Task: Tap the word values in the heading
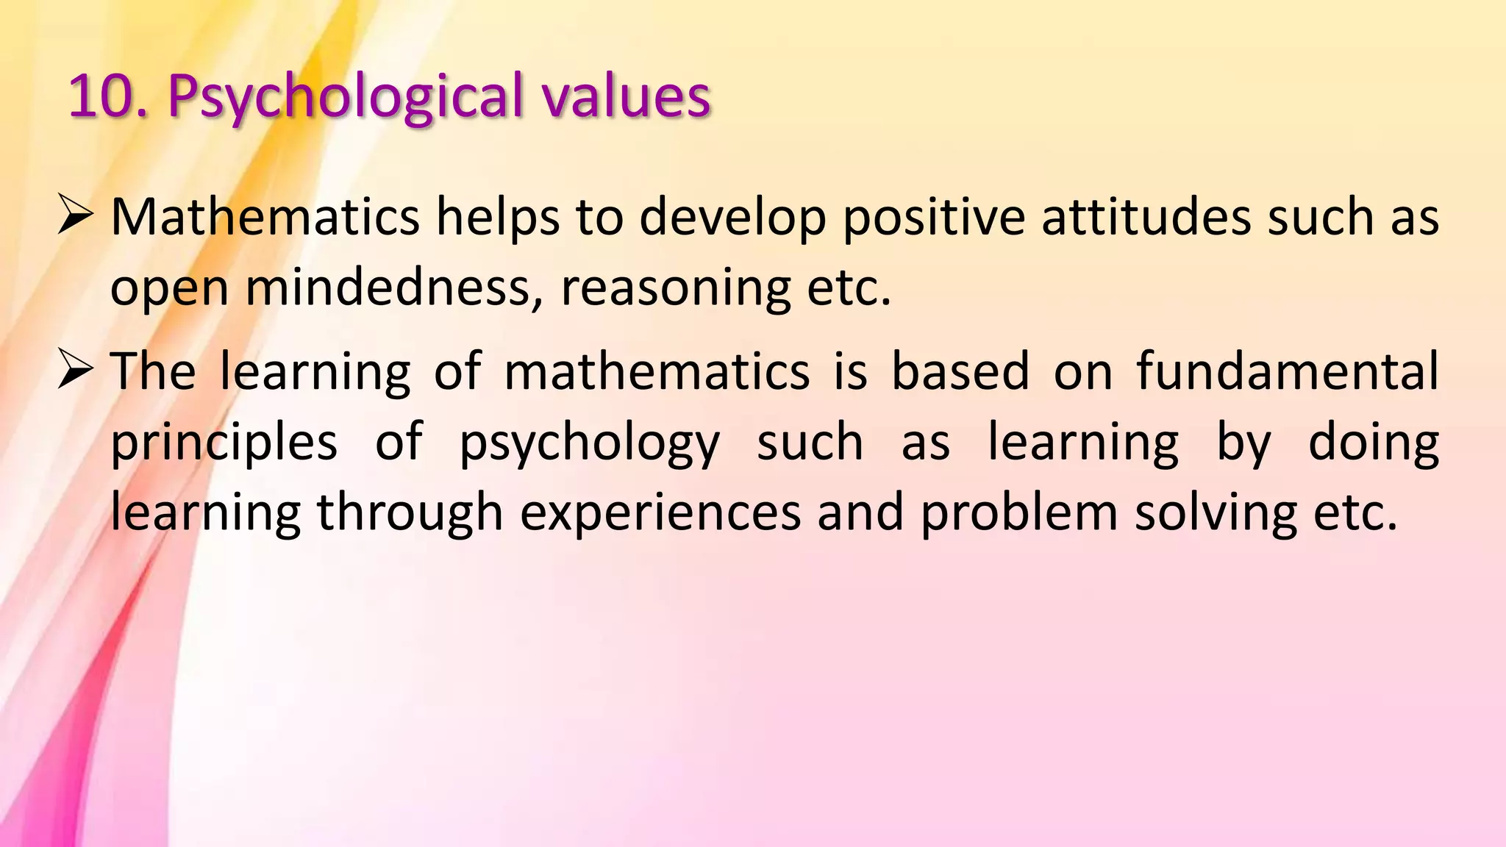click(x=627, y=96)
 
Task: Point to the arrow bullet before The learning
click(x=75, y=371)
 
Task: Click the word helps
click(x=498, y=218)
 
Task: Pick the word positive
click(x=934, y=219)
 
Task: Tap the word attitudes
click(x=1146, y=218)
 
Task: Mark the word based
click(x=960, y=371)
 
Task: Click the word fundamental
click(x=1288, y=371)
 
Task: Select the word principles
click(x=224, y=443)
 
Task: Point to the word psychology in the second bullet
click(x=589, y=444)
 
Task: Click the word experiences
click(x=660, y=513)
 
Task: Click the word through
click(x=410, y=513)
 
